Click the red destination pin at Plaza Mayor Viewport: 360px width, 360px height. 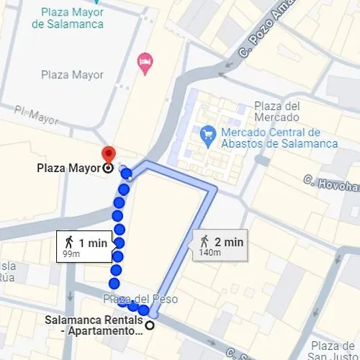click(108, 153)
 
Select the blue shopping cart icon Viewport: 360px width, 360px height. click(208, 133)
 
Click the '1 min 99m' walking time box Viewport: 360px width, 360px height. click(85, 247)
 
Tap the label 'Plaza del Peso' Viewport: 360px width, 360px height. click(140, 299)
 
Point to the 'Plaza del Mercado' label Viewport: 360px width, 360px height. click(276, 112)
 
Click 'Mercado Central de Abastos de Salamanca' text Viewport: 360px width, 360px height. click(279, 138)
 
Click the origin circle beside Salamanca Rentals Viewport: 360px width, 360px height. click(150, 325)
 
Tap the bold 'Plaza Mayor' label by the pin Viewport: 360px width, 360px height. click(68, 169)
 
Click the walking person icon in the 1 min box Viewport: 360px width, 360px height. click(69, 243)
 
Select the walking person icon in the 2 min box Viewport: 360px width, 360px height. click(204, 241)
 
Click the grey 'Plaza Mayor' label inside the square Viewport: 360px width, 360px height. click(72, 75)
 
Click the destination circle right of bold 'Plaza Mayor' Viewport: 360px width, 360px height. click(108, 168)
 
